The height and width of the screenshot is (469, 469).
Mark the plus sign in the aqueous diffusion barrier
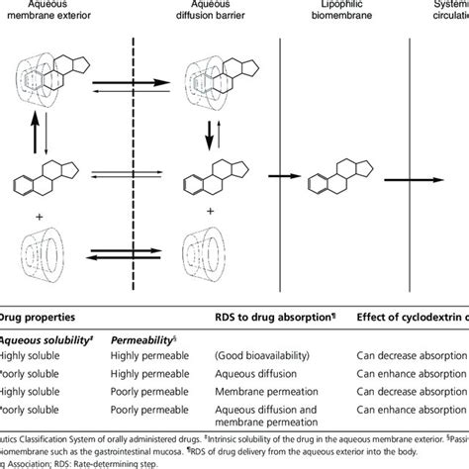click(208, 211)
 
